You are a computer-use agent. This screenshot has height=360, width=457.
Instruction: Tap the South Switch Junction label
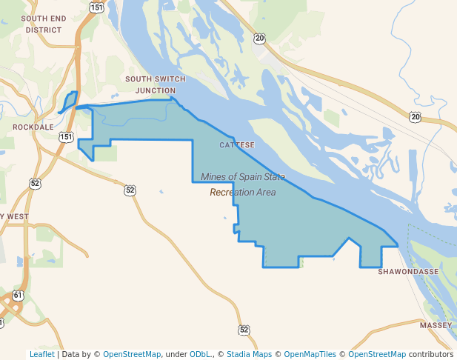(x=150, y=84)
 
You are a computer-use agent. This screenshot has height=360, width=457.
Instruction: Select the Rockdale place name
(x=33, y=127)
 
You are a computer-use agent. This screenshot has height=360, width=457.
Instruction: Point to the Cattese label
(x=237, y=144)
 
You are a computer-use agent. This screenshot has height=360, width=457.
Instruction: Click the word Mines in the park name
(x=215, y=176)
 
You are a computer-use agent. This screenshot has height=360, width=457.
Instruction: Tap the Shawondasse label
(x=408, y=272)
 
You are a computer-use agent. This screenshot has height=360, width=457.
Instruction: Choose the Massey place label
(x=435, y=325)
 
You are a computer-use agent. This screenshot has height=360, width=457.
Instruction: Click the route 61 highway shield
(x=18, y=296)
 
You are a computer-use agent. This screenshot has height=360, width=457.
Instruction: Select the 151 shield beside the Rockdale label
(x=67, y=137)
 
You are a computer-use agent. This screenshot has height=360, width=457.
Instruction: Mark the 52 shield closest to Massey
(x=244, y=329)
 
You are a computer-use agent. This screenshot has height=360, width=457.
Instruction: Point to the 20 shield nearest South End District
(x=258, y=38)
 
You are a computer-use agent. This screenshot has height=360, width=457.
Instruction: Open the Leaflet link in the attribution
(x=41, y=354)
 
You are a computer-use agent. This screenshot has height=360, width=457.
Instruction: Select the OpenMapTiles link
(x=312, y=354)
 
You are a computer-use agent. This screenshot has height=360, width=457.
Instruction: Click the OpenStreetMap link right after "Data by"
(x=131, y=354)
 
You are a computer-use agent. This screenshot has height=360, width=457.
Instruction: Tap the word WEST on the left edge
(x=18, y=216)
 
